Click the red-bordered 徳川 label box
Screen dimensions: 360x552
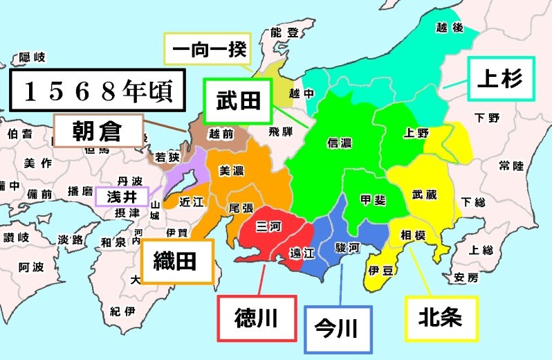point(257,318)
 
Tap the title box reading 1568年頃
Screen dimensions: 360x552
point(97,91)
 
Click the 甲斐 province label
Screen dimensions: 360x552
point(374,199)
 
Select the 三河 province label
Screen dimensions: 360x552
point(268,225)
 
